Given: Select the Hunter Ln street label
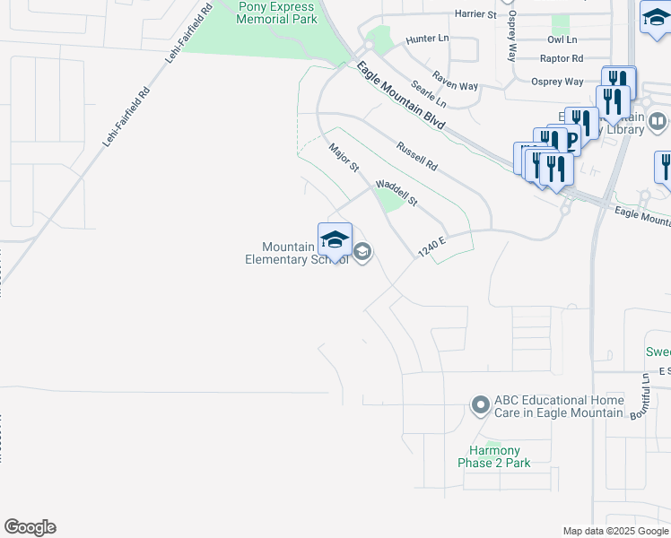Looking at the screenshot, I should (426, 39).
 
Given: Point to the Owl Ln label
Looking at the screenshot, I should (562, 40).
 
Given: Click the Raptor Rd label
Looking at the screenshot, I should (562, 58).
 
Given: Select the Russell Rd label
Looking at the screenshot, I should (416, 154).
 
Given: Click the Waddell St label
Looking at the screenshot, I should (396, 193).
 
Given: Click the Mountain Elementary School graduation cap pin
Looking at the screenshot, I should (335, 240).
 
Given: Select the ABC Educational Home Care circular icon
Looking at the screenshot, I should (481, 406).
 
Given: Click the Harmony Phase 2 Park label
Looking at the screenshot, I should (494, 456).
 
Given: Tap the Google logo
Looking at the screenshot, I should (30, 527).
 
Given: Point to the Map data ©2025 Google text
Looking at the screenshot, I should (615, 531).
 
